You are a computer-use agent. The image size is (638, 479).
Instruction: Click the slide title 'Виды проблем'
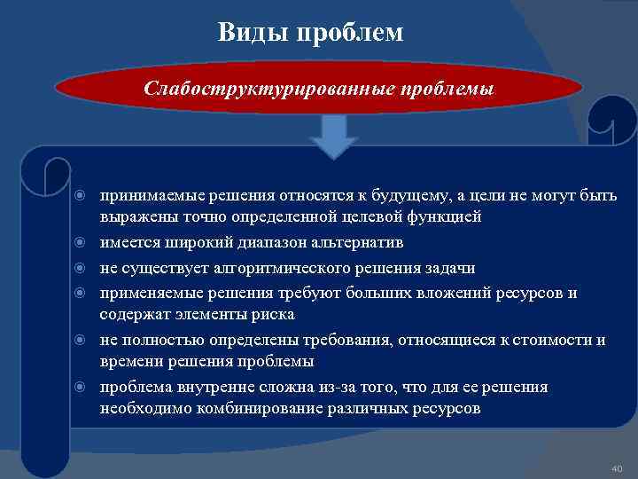coord(310,33)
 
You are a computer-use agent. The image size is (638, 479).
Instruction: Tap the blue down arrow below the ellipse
coord(333,135)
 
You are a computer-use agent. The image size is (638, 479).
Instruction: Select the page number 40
coord(617,467)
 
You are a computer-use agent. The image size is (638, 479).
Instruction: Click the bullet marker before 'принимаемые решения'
coord(81,195)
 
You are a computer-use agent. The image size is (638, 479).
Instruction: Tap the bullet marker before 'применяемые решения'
coord(81,293)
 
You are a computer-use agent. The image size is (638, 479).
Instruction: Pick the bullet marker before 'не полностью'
coord(81,340)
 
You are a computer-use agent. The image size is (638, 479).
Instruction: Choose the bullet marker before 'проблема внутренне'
coord(81,388)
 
